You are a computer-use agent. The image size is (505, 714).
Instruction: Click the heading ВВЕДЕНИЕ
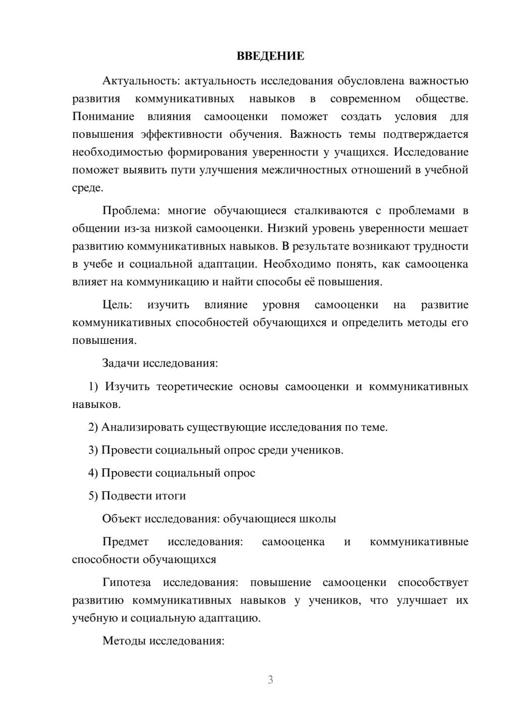270,56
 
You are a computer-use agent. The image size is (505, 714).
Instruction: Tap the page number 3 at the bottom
270,680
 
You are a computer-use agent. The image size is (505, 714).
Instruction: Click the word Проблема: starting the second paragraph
130,211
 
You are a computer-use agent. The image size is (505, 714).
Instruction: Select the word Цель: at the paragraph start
117,304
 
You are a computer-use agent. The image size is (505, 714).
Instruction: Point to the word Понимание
103,116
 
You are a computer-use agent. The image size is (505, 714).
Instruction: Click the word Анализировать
142,427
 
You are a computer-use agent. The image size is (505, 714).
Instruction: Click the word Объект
122,519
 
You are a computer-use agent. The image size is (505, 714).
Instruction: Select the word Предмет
125,542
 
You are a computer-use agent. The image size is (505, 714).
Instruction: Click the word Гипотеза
126,582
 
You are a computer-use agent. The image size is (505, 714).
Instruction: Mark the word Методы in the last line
122,641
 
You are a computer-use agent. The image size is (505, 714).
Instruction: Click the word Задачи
121,363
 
